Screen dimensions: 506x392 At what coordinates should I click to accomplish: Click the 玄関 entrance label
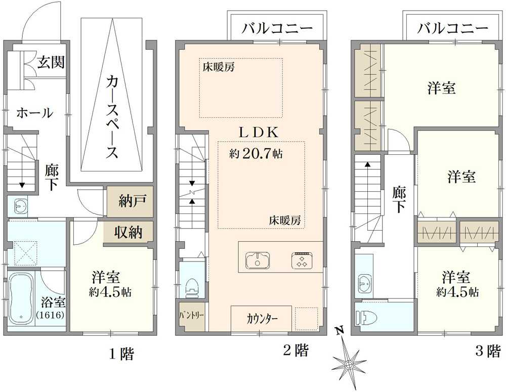pyautogui.click(x=51, y=62)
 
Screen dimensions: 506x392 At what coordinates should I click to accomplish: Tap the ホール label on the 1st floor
pyautogui.click(x=34, y=113)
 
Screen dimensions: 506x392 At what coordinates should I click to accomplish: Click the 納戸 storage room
pyautogui.click(x=130, y=201)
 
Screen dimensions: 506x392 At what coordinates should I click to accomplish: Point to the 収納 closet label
pyautogui.click(x=129, y=232)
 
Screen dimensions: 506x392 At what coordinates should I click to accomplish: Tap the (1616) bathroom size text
pyautogui.click(x=51, y=315)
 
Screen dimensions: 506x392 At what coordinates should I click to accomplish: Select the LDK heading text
pyautogui.click(x=258, y=133)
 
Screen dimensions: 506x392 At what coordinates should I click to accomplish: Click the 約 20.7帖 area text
pyautogui.click(x=256, y=154)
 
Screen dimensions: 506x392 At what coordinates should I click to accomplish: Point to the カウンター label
pyautogui.click(x=262, y=319)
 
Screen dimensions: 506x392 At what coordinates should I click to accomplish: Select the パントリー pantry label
pyautogui.click(x=191, y=315)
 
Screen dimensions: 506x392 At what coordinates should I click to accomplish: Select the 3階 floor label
pyautogui.click(x=487, y=351)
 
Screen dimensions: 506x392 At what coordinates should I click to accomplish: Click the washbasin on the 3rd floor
pyautogui.click(x=365, y=283)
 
